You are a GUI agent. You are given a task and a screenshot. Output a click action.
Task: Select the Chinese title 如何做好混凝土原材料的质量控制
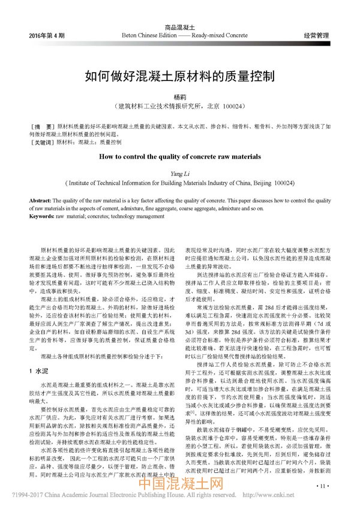[180, 76]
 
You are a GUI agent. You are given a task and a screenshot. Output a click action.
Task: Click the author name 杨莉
[180, 97]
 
